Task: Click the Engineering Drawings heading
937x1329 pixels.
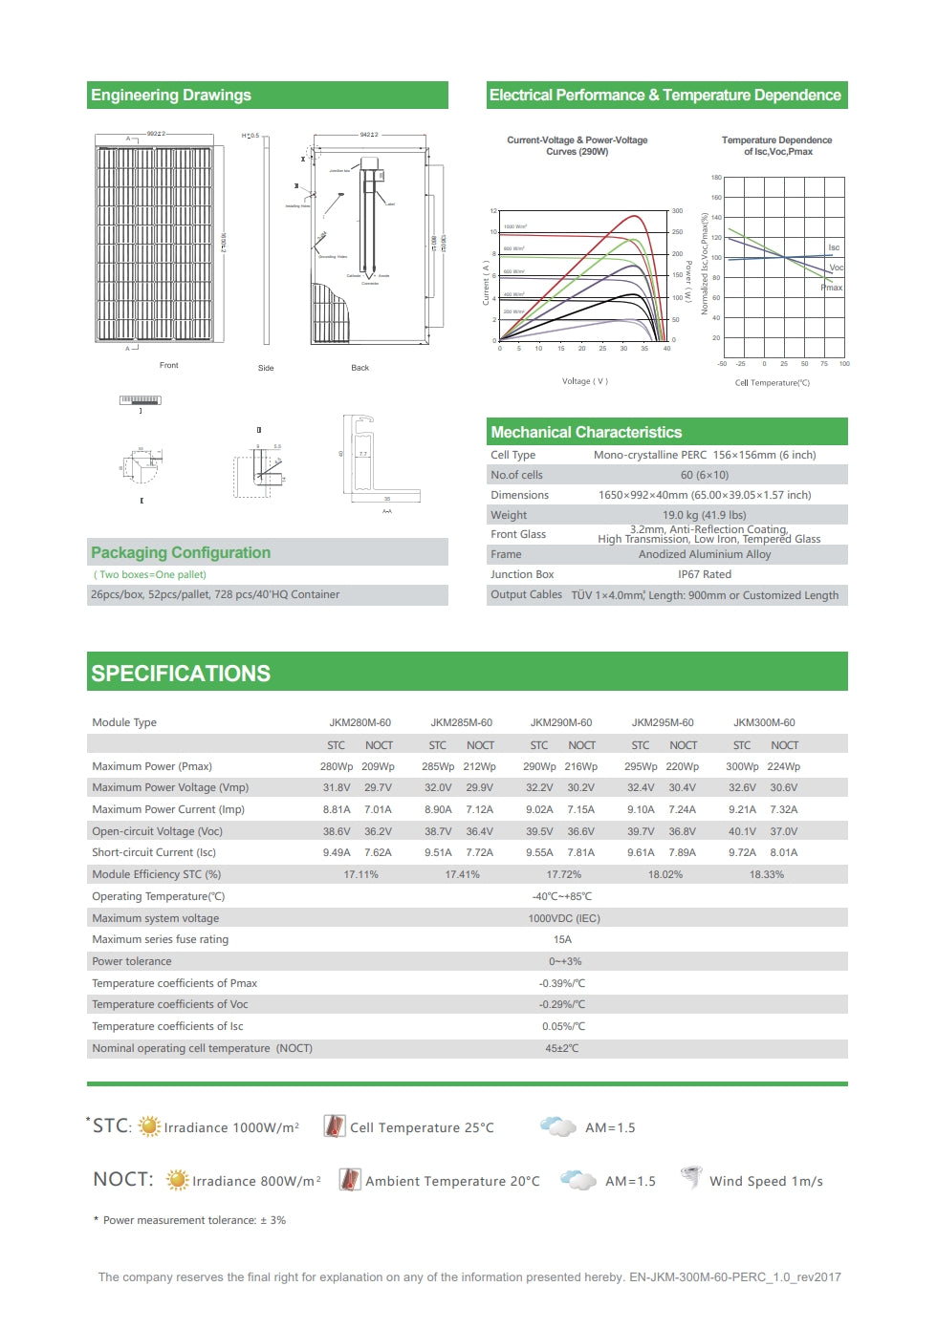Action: pos(171,96)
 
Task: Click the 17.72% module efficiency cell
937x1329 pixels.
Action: pos(563,874)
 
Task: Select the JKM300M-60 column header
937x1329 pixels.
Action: pos(764,722)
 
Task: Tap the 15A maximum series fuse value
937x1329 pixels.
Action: pos(562,939)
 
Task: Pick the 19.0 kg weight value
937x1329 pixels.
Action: pos(704,515)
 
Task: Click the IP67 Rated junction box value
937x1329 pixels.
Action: pos(704,574)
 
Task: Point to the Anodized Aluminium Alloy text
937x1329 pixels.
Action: pos(704,554)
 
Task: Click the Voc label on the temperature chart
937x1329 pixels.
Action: pos(836,268)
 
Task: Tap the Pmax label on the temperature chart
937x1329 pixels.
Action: pos(831,287)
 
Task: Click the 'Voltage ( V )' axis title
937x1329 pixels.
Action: pos(584,381)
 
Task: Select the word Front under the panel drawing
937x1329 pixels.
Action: pos(168,365)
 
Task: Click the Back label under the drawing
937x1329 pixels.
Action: pos(360,368)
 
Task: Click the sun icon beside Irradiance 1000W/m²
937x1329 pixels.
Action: pos(149,1126)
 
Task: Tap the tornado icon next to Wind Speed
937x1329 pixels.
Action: pos(690,1178)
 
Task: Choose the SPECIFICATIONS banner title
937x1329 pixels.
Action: pos(181,673)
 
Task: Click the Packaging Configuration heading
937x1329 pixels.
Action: pos(181,552)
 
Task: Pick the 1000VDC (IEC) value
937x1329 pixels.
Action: pos(563,918)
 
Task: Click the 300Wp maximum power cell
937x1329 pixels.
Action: pos(741,766)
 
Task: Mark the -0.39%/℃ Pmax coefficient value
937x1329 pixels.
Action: pos(562,983)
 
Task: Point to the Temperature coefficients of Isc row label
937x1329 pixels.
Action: pos(167,1026)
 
